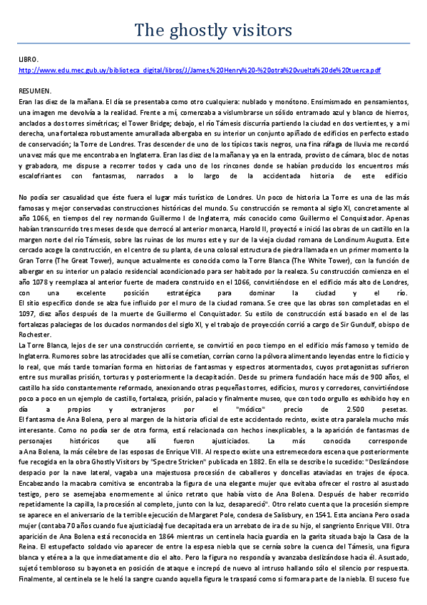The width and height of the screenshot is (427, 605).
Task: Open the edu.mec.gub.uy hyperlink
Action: [x=200, y=71]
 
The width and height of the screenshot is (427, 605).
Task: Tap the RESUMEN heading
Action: [x=35, y=92]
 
